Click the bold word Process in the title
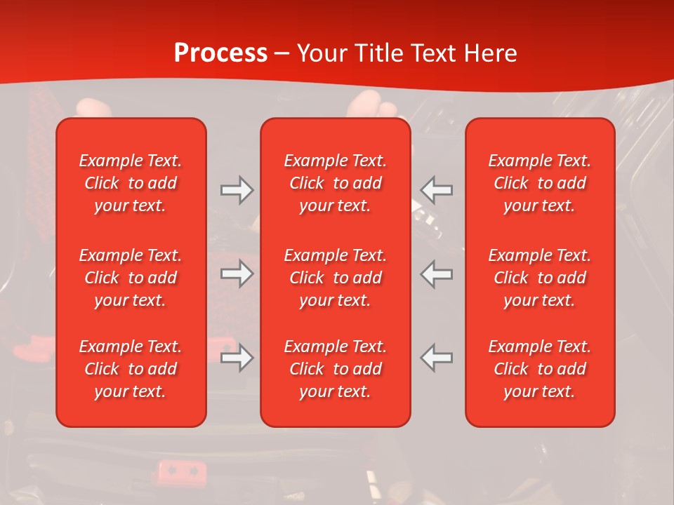pyautogui.click(x=220, y=53)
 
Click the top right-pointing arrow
pyautogui.click(x=237, y=190)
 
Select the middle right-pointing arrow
pyautogui.click(x=237, y=274)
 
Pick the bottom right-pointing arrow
pyautogui.click(x=237, y=358)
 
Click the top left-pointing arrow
pyautogui.click(x=437, y=190)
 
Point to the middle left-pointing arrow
pyautogui.click(x=437, y=274)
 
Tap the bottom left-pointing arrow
pyautogui.click(x=437, y=358)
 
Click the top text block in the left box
pyautogui.click(x=131, y=183)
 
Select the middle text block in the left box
pyautogui.click(x=131, y=278)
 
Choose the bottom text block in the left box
pyautogui.click(x=131, y=369)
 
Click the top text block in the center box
pyautogui.click(x=336, y=183)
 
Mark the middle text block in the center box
pyautogui.click(x=336, y=278)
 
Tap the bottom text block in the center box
pyautogui.click(x=336, y=369)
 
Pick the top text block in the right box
pyautogui.click(x=540, y=183)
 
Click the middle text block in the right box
pyautogui.click(x=540, y=278)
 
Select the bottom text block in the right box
pyautogui.click(x=540, y=369)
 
